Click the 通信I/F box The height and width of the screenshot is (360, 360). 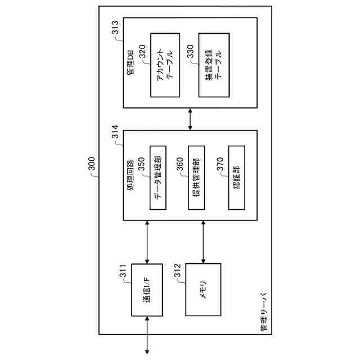click(146, 298)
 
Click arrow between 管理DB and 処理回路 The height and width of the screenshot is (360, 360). click(190, 119)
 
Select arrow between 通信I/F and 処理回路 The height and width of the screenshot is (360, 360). click(146, 242)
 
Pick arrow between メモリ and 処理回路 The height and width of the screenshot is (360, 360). click(203, 242)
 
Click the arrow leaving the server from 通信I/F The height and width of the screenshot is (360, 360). click(147, 335)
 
